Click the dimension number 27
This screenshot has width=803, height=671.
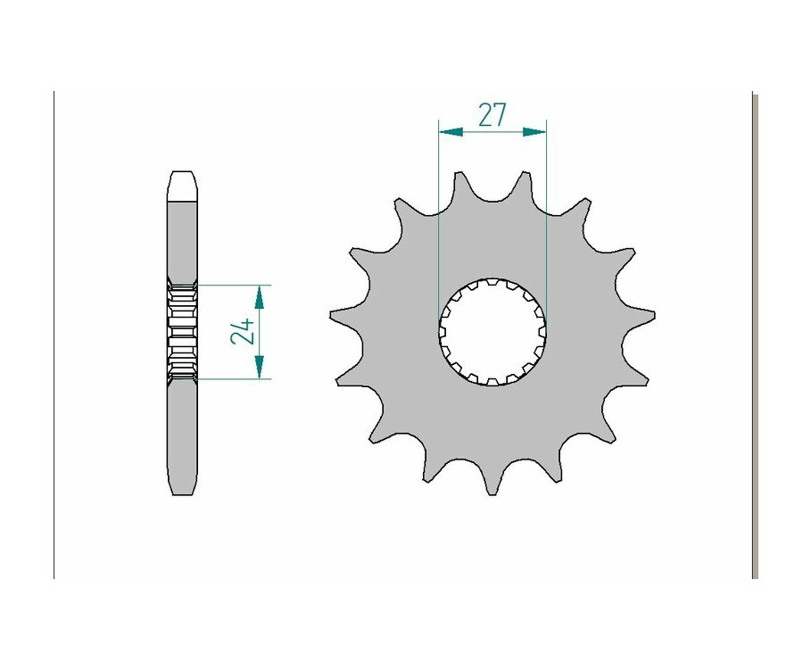coord(492,114)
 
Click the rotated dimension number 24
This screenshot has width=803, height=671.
coord(242,331)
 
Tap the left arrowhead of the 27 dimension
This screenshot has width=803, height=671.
coord(451,132)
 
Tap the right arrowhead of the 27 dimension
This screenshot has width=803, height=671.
coord(534,132)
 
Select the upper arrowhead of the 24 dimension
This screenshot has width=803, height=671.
coord(260,297)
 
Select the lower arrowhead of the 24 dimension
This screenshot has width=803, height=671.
coord(260,367)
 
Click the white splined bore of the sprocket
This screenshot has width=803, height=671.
coord(493,331)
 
